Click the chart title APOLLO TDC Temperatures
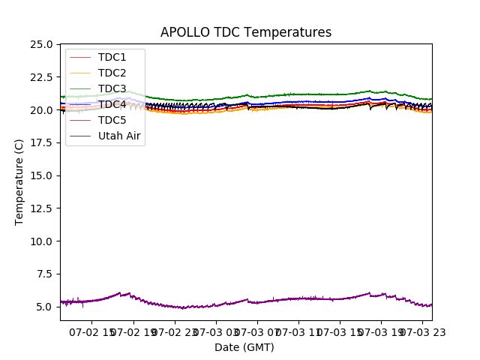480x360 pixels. point(245,32)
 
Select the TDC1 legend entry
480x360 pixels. point(112,57)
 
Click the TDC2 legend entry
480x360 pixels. point(112,73)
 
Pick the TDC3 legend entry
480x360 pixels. point(112,88)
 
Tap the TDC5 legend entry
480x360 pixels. point(112,120)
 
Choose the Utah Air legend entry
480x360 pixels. point(119,136)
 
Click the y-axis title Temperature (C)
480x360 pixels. point(19,181)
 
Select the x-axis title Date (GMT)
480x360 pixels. point(244,347)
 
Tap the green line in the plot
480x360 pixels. point(300,94)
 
